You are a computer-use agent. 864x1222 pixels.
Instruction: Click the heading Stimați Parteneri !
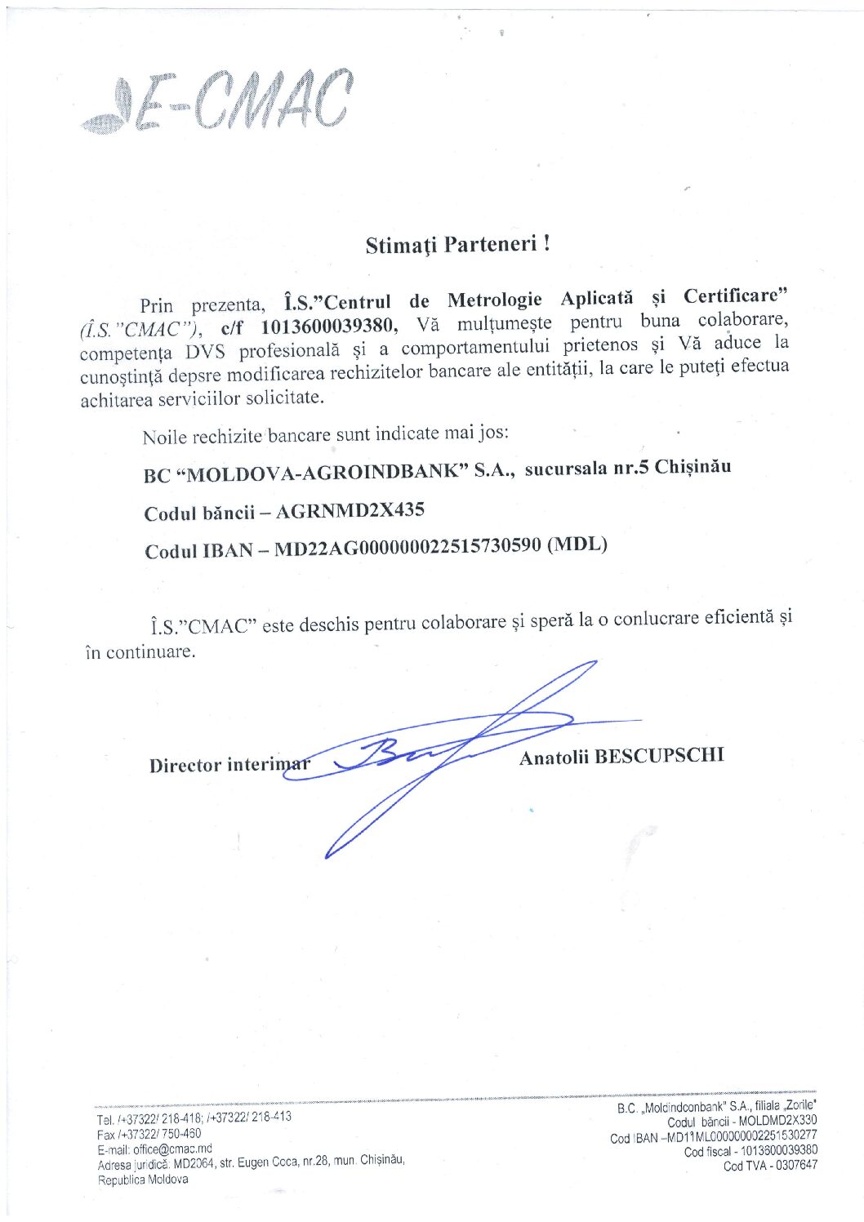point(457,244)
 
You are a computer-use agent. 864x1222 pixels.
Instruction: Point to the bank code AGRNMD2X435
point(350,512)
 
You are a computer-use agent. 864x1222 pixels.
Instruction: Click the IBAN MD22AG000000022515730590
point(408,547)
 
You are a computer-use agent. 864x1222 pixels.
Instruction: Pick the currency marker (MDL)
point(577,544)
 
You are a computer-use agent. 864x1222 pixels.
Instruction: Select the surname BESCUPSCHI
point(659,756)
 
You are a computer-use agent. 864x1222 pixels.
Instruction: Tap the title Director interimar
point(229,765)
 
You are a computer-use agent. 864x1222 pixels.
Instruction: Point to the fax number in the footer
point(149,1134)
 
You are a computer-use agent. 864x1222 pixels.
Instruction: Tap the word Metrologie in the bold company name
point(494,300)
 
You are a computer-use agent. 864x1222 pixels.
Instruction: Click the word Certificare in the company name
point(736,296)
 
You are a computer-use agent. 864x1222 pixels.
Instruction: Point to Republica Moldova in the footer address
point(143,1180)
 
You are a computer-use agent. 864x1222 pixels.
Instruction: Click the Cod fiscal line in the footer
point(750,1151)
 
